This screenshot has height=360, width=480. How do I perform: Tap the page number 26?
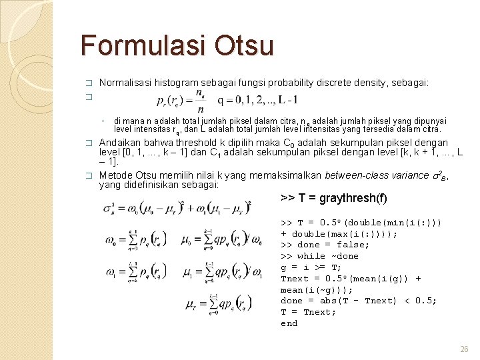click(x=465, y=349)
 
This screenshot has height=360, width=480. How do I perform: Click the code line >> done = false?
click(x=325, y=245)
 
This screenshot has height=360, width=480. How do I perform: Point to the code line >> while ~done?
click(x=319, y=256)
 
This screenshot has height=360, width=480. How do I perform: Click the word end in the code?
click(x=289, y=323)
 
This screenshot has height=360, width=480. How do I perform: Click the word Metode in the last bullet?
click(x=115, y=175)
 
